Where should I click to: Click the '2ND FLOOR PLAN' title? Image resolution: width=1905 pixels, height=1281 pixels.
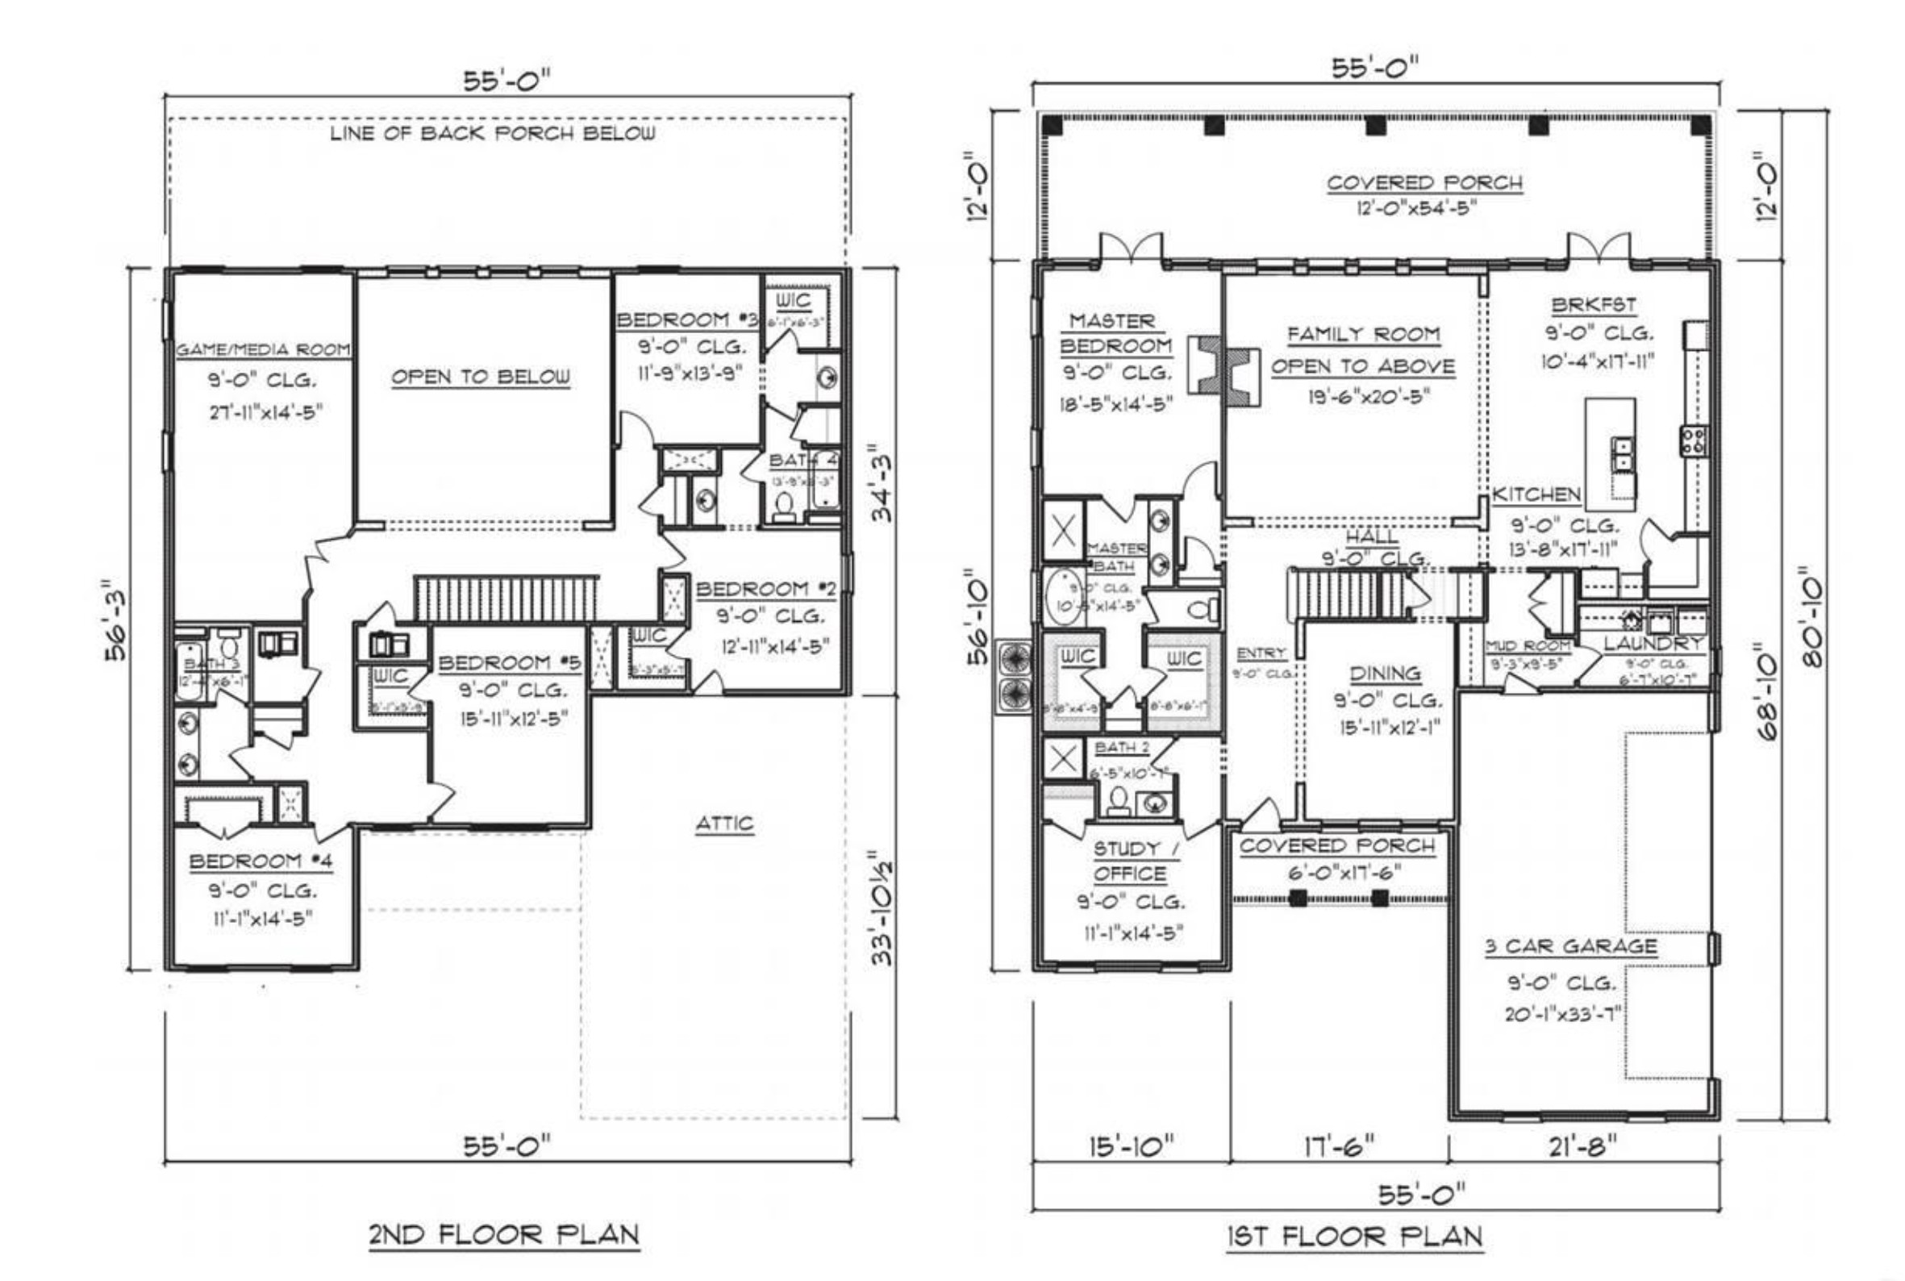click(x=503, y=1233)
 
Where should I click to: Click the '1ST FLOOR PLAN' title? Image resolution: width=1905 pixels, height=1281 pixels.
click(x=1353, y=1237)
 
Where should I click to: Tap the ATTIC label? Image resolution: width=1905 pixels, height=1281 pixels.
click(x=723, y=824)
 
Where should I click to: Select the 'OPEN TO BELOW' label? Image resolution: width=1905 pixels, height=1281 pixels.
click(x=481, y=377)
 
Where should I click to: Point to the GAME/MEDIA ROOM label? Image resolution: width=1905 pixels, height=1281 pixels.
click(x=263, y=349)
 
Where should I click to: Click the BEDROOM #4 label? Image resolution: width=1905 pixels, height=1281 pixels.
click(x=261, y=861)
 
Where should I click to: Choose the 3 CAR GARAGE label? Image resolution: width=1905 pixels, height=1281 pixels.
click(x=1570, y=947)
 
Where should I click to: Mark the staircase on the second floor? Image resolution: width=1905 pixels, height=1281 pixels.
click(x=506, y=598)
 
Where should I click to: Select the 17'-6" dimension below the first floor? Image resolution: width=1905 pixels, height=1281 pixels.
click(x=1339, y=1147)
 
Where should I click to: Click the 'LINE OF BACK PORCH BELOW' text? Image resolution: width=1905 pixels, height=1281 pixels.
click(x=492, y=133)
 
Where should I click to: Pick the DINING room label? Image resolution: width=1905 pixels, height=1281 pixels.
click(x=1385, y=674)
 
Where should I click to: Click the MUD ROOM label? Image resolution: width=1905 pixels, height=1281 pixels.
click(x=1527, y=646)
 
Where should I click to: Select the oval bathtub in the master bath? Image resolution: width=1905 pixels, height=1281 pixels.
click(x=1063, y=596)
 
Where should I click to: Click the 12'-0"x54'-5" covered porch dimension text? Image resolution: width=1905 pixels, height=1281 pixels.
click(x=1416, y=208)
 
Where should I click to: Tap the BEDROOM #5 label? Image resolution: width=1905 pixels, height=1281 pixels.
click(x=510, y=662)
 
